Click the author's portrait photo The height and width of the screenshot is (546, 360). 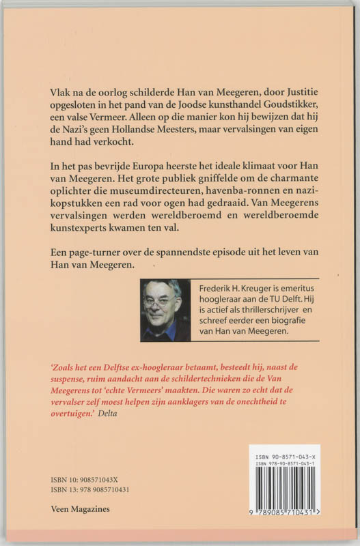click(164, 310)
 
